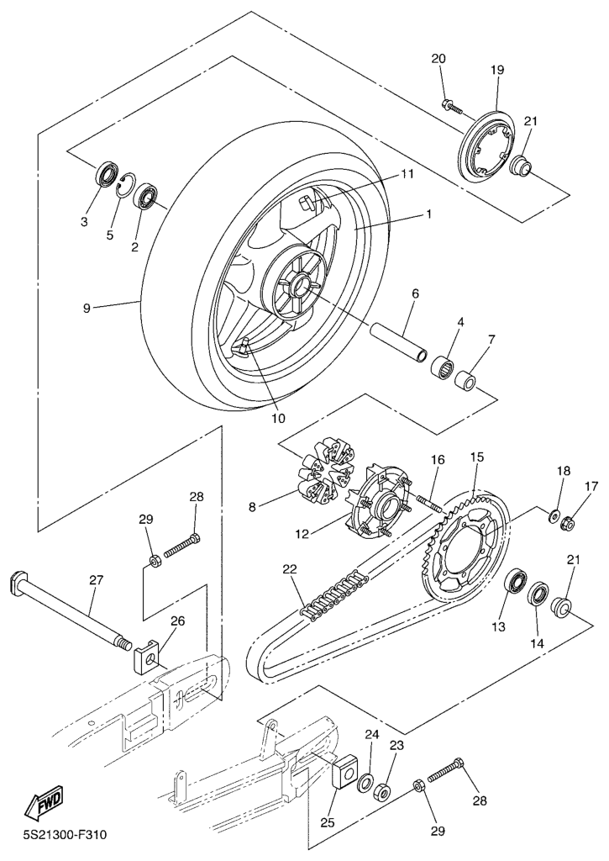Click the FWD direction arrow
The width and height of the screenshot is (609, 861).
(45, 800)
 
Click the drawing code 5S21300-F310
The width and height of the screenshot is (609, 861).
(65, 835)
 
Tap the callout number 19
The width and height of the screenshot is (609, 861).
(497, 70)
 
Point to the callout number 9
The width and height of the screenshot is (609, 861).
(87, 308)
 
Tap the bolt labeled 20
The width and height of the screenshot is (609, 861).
(454, 105)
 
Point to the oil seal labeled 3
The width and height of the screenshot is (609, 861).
(107, 174)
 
